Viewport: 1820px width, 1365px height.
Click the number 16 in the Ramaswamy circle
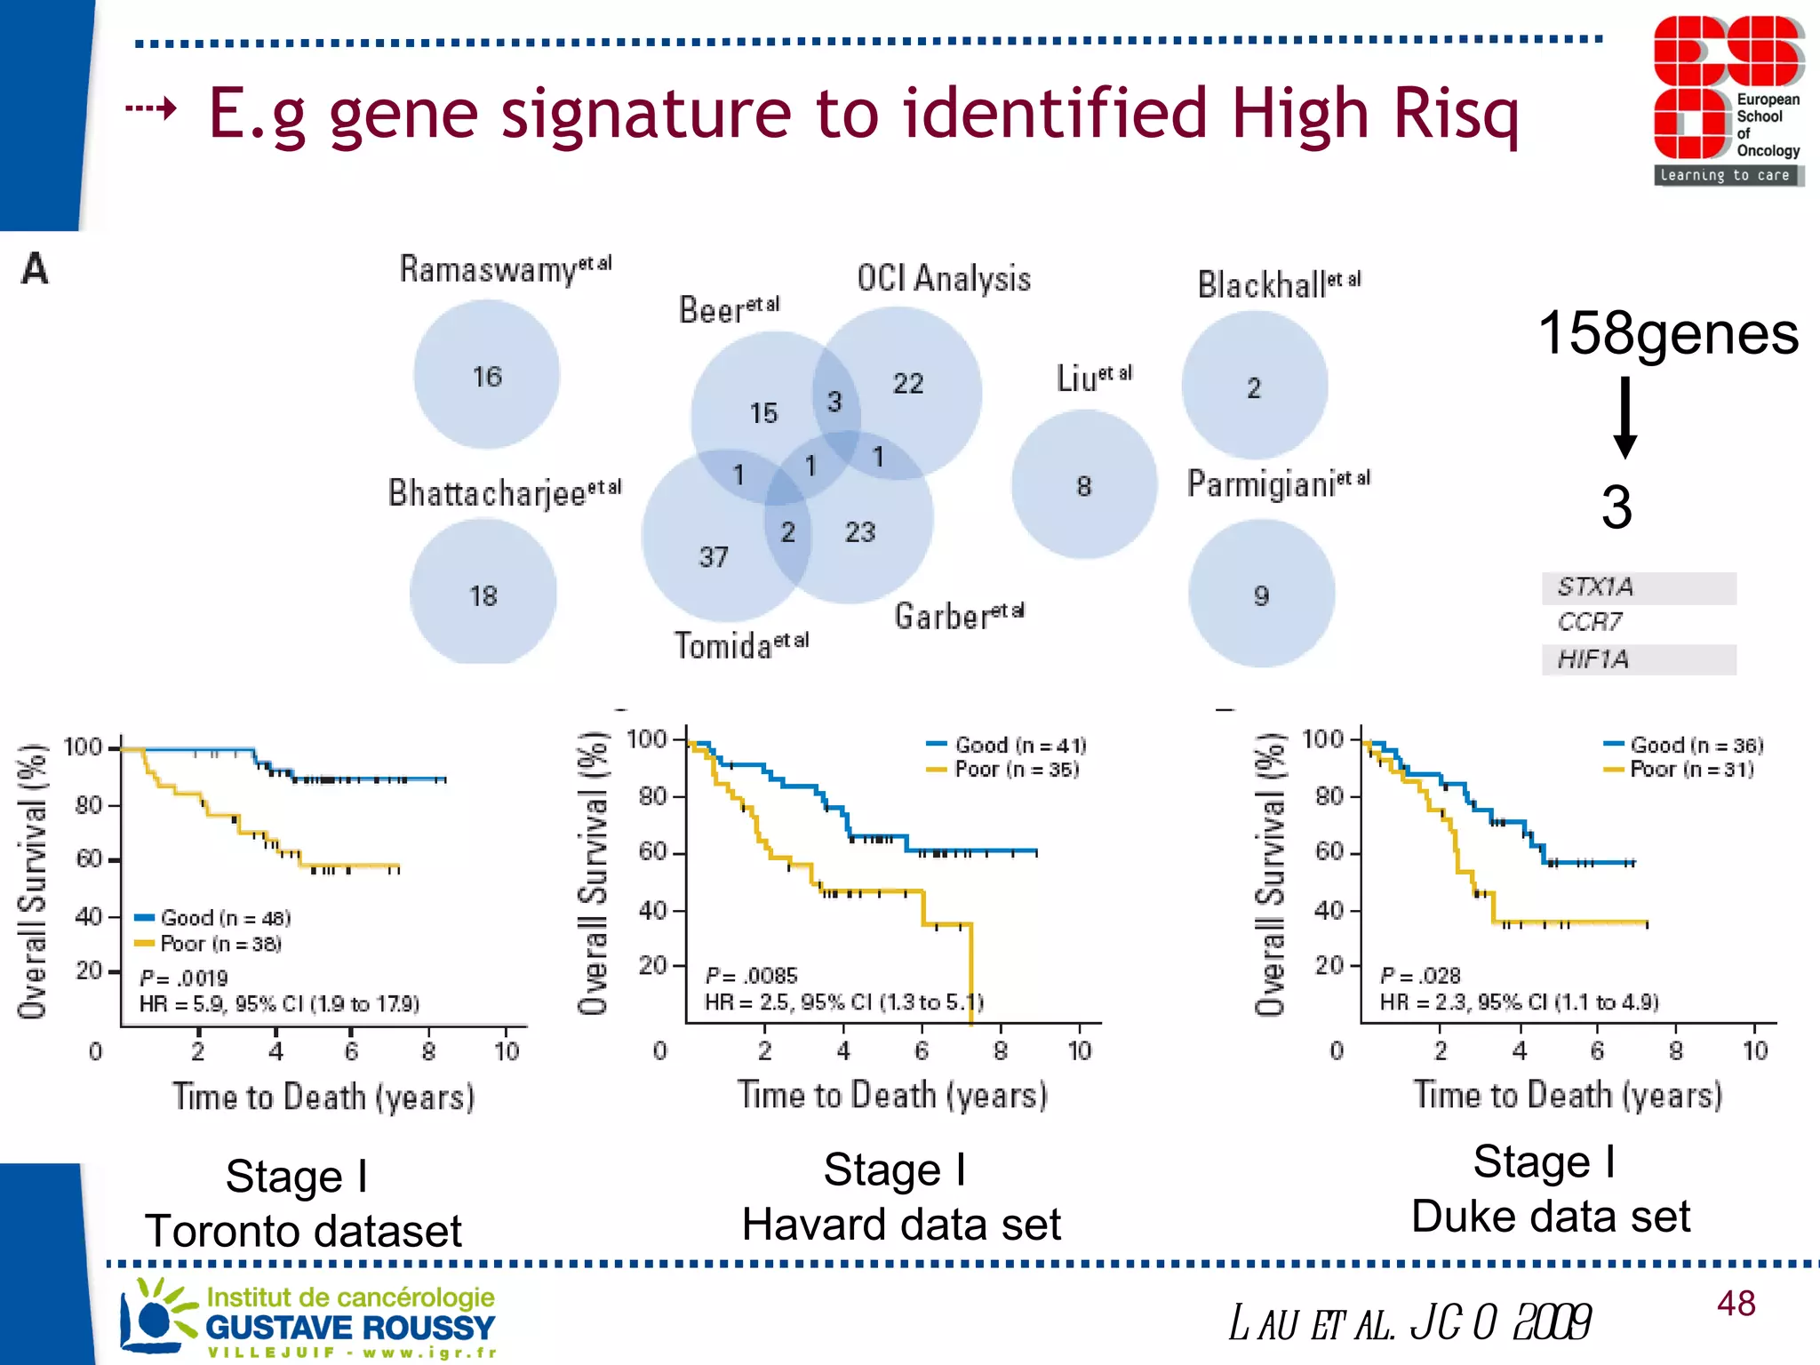487,377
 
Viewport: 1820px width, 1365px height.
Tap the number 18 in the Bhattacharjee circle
483,595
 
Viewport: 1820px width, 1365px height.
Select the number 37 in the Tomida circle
713,557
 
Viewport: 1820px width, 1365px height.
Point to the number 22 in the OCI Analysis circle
908,383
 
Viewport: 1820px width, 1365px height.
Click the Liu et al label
1093,378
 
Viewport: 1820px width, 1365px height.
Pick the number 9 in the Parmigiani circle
1261,595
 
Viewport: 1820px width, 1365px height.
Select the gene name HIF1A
1593,659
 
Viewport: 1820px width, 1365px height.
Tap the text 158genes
1668,334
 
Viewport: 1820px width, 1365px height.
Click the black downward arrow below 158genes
1625,418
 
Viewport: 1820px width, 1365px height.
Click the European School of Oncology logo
1727,100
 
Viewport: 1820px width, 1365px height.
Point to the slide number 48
1736,1304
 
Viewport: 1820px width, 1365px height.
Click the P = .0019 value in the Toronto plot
184,978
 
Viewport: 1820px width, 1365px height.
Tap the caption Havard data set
901,1225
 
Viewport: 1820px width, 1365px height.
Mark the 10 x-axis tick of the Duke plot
1754,1050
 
